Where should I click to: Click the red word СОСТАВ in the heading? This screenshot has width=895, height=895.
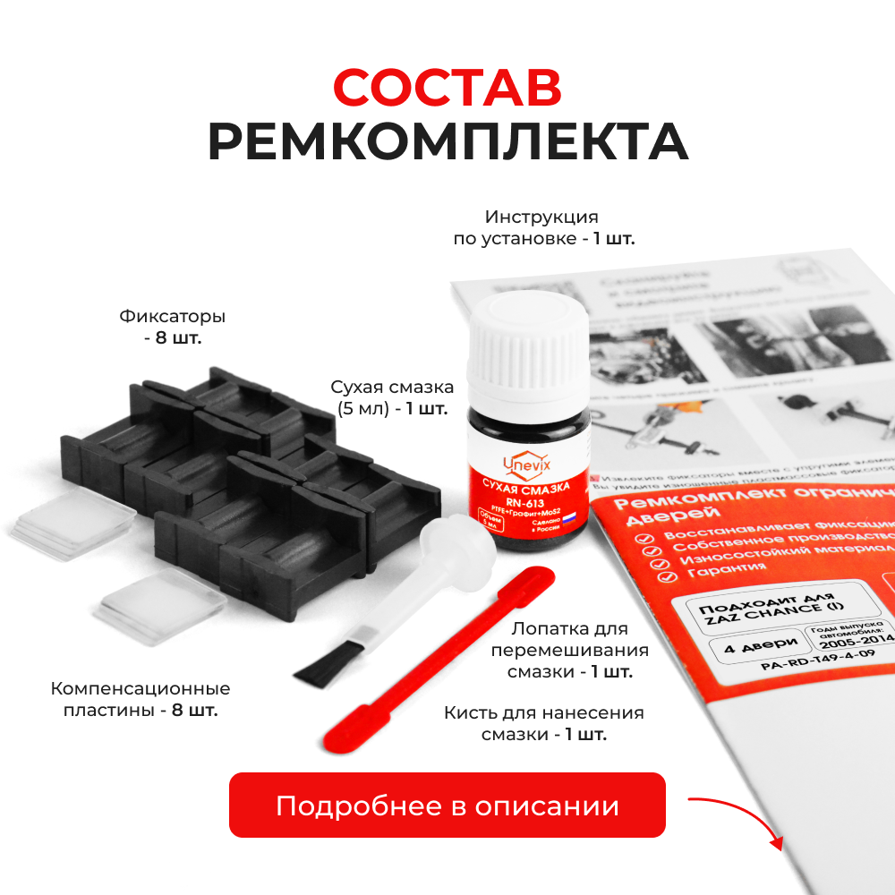click(447, 87)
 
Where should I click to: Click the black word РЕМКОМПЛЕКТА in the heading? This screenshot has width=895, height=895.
click(447, 141)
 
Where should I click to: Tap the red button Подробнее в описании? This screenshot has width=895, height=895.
click(447, 805)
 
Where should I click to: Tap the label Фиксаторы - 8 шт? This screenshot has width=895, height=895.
click(172, 327)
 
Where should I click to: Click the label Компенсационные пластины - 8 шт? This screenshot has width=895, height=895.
click(141, 699)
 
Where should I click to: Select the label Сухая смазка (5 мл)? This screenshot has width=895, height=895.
click(391, 397)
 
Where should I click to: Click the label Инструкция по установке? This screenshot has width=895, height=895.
click(541, 227)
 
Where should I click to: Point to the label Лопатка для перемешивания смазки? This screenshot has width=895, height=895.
click(569, 650)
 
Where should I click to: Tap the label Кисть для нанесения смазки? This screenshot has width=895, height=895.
click(544, 723)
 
